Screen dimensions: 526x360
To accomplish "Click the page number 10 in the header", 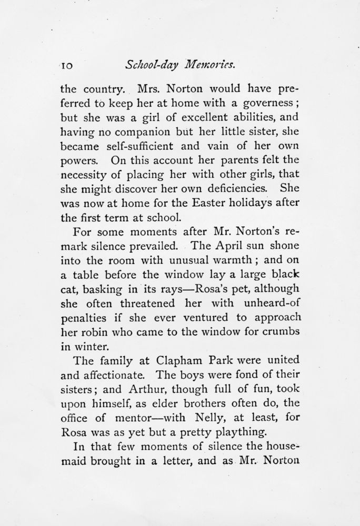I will click(x=69, y=66).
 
